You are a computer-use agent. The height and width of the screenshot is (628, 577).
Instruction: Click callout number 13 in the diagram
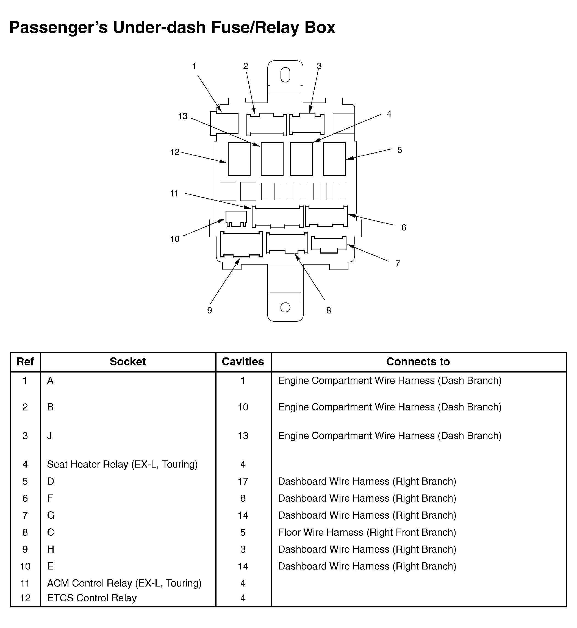pyautogui.click(x=183, y=116)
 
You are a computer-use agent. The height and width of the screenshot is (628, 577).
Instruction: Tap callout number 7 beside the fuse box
pyautogui.click(x=398, y=264)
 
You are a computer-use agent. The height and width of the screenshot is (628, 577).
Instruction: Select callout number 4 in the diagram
pyautogui.click(x=389, y=114)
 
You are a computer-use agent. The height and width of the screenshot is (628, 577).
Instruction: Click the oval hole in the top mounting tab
pyautogui.click(x=285, y=75)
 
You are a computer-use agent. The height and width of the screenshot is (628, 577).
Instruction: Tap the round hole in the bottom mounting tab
pyautogui.click(x=285, y=307)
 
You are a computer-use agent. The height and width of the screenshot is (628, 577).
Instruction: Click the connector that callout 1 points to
pyautogui.click(x=224, y=124)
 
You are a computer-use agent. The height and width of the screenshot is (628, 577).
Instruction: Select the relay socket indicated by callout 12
pyautogui.click(x=239, y=159)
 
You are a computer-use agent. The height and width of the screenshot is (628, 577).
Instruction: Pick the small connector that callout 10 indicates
pyautogui.click(x=236, y=218)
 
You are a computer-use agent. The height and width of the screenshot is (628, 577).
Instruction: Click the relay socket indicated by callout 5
pyautogui.click(x=334, y=159)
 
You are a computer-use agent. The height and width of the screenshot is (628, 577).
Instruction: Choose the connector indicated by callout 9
pyautogui.click(x=241, y=244)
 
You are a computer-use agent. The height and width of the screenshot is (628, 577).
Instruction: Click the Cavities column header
pyautogui.click(x=243, y=362)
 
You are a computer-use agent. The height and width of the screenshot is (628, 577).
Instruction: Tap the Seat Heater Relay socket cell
pyautogui.click(x=122, y=465)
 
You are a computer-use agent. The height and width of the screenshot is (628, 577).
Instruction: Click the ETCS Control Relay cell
pyautogui.click(x=92, y=598)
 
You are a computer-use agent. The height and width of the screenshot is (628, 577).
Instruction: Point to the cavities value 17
pyautogui.click(x=243, y=481)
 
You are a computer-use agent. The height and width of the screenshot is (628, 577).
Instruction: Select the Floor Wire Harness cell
pyautogui.click(x=367, y=532)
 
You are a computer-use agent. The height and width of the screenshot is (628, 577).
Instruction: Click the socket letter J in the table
pyautogui.click(x=50, y=436)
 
